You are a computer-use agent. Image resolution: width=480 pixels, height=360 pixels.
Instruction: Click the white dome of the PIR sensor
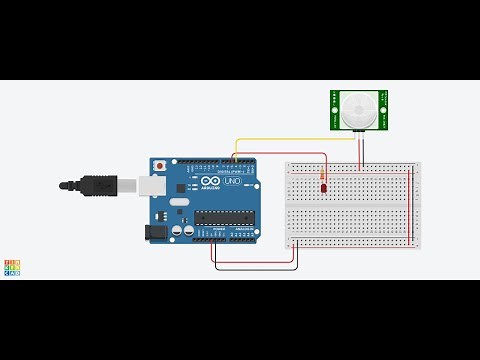358,111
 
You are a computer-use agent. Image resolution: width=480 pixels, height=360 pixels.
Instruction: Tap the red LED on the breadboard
323,187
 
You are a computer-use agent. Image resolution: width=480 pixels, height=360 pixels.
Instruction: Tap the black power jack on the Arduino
155,231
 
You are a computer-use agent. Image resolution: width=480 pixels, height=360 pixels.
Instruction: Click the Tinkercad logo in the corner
12,267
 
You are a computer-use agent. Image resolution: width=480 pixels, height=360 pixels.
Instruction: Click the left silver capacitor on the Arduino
176,230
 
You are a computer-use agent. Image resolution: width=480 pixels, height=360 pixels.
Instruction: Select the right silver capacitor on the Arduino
188,230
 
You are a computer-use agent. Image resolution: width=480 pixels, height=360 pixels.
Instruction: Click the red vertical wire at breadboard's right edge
411,205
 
